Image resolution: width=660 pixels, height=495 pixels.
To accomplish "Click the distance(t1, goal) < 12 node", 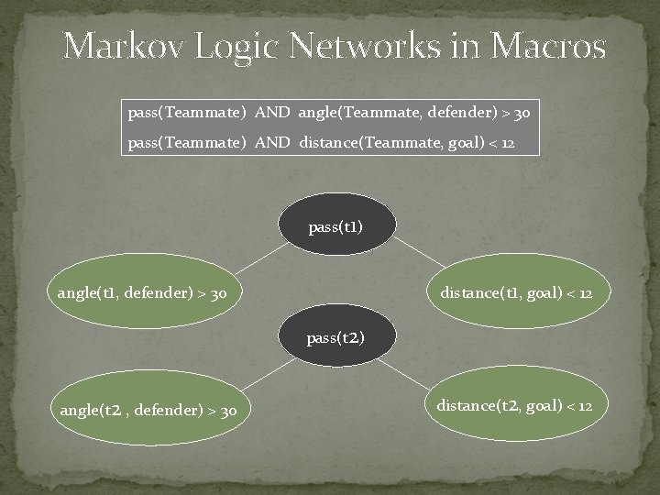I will tap(516, 293).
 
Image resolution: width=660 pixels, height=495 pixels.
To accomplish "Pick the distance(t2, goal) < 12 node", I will tap(514, 405).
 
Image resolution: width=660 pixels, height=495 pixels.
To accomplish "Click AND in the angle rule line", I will tap(272, 113).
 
